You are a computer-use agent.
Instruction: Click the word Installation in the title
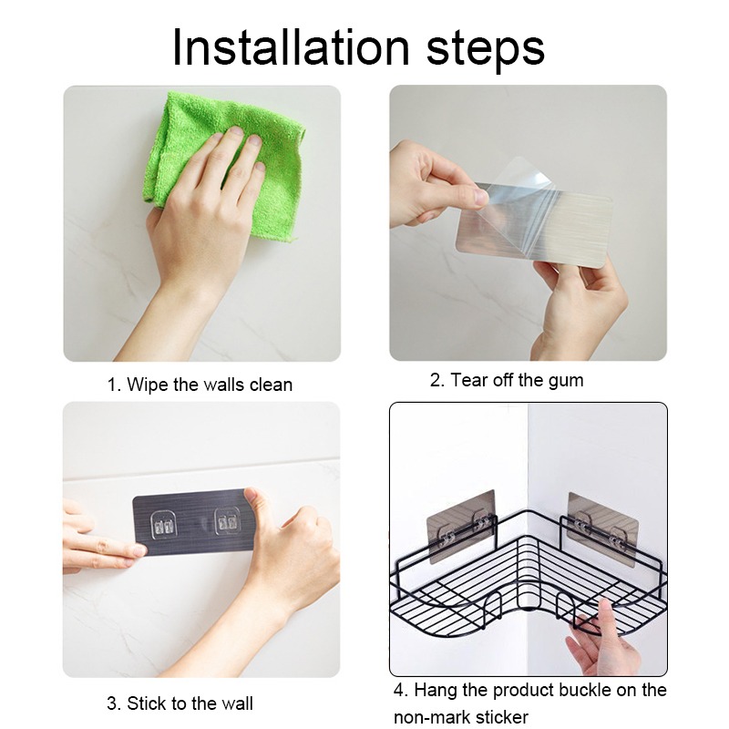click(x=291, y=47)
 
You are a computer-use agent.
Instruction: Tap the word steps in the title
click(x=485, y=51)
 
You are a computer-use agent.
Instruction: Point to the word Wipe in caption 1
click(x=148, y=385)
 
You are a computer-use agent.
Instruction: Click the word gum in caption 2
click(x=566, y=381)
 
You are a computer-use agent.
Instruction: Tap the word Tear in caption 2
click(x=469, y=380)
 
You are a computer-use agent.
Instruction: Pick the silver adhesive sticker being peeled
click(x=535, y=223)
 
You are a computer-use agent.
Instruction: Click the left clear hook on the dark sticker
click(x=165, y=526)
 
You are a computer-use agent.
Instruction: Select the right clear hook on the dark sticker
click(x=227, y=521)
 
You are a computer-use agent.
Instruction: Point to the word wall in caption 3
click(x=237, y=703)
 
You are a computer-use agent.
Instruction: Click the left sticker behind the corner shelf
click(x=461, y=526)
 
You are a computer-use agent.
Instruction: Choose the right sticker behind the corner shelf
click(x=602, y=529)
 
